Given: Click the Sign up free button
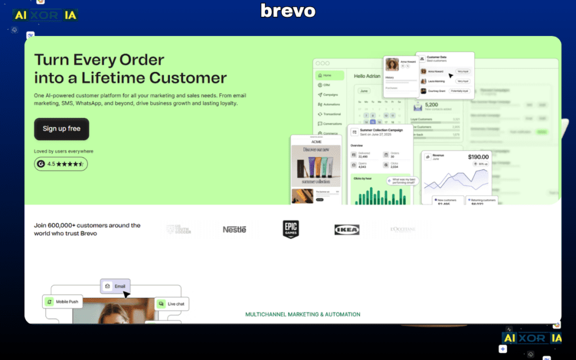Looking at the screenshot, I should pyautogui.click(x=61, y=129).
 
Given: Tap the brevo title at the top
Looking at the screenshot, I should pyautogui.click(x=288, y=11).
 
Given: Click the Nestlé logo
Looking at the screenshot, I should pyautogui.click(x=235, y=229).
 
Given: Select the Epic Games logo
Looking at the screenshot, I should pyautogui.click(x=291, y=229).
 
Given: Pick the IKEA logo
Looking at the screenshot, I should pyautogui.click(x=347, y=229).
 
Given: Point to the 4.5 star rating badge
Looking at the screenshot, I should pyautogui.click(x=61, y=164).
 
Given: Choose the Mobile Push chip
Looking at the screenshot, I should pyautogui.click(x=62, y=301).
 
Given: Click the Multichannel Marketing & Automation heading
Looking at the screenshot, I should pyautogui.click(x=303, y=314).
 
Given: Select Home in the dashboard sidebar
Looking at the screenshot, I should pyautogui.click(x=329, y=75).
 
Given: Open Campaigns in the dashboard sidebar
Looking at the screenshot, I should pyautogui.click(x=330, y=94).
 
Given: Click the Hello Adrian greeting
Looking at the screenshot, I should pyautogui.click(x=367, y=76).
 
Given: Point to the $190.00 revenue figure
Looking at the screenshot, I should pyautogui.click(x=478, y=157).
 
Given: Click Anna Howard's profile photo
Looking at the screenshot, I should pyautogui.click(x=392, y=65).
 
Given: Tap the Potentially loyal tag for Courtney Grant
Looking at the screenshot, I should pyautogui.click(x=461, y=91).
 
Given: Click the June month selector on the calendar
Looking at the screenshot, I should pyautogui.click(x=364, y=90).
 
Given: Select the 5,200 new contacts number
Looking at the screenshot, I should pyautogui.click(x=432, y=105).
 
